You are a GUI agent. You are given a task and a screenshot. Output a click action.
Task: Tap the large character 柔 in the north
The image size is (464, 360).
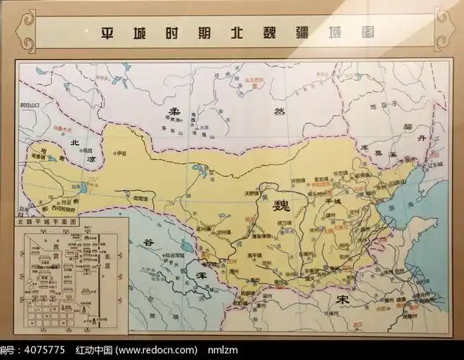click(173, 112)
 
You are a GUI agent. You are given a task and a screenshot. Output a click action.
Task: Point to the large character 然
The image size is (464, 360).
click(279, 112)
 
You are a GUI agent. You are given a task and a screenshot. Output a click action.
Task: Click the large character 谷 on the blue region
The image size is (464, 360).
click(147, 242)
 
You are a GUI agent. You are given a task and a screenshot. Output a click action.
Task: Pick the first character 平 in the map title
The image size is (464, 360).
click(107, 33)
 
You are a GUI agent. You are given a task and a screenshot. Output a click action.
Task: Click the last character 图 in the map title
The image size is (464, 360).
click(368, 33)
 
